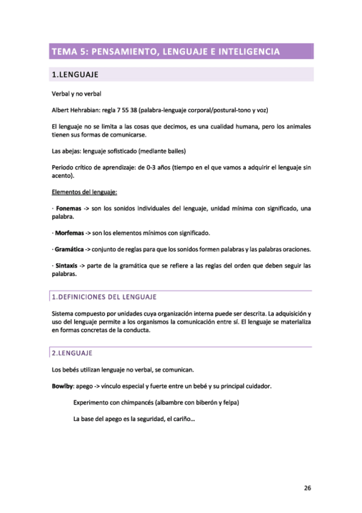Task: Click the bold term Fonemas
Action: point(68,208)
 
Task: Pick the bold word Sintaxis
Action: point(66,266)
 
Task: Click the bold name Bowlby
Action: point(62,385)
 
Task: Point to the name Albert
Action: point(61,110)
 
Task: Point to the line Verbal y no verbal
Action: point(77,94)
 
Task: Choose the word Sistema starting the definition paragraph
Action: point(64,314)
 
